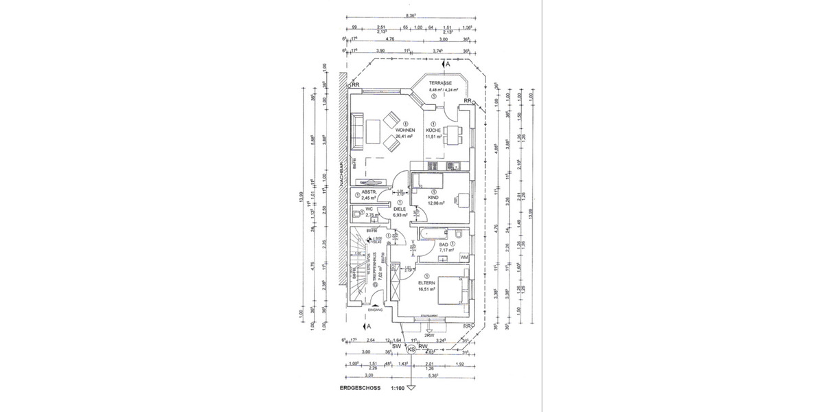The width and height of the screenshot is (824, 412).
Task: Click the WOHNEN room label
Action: point(404,130)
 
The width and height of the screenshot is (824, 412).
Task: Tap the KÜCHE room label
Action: point(433,130)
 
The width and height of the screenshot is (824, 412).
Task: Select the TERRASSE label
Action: point(440,82)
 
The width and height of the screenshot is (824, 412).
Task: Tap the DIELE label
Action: point(400,209)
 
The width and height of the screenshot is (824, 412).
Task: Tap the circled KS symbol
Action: point(411,349)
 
